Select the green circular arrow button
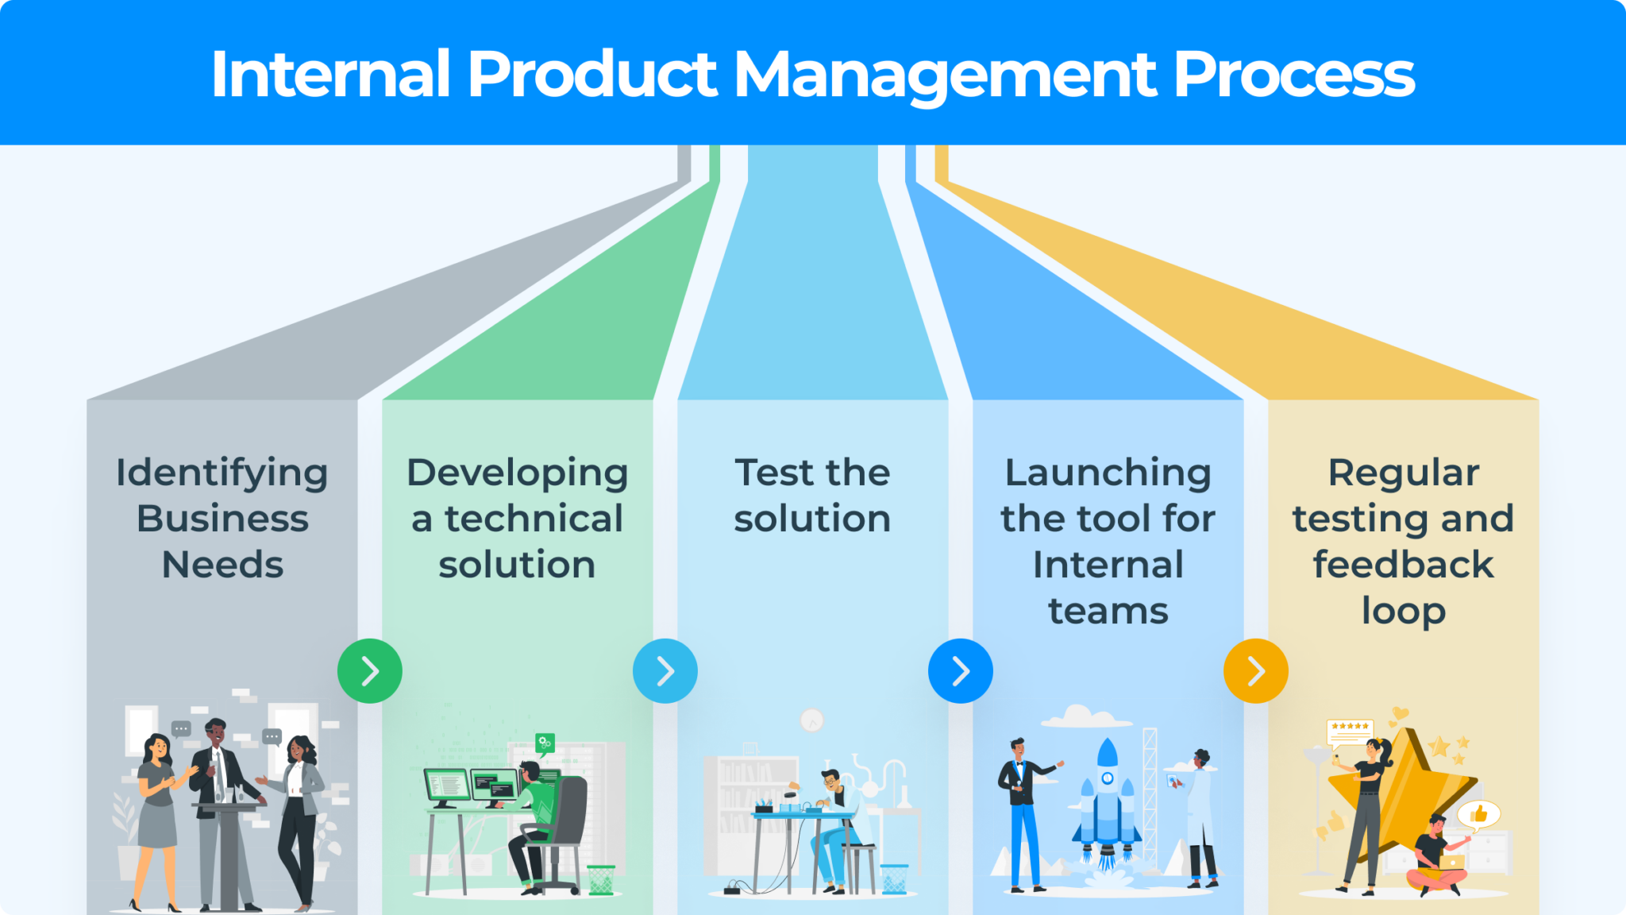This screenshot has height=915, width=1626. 370,671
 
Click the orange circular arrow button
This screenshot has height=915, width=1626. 1256,671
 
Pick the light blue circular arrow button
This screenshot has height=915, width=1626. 665,671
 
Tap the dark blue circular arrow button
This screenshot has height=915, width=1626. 961,671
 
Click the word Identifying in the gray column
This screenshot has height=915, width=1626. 222,473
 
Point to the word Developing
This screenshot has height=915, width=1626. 518,473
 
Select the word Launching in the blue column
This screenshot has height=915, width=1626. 1108,473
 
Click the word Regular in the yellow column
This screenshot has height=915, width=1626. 1404,473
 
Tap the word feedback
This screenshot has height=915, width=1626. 1404,565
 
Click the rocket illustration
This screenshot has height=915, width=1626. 1107,802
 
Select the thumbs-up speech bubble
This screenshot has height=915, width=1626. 1478,814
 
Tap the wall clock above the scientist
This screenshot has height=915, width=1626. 812,720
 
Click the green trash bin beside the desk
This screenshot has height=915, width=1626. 601,879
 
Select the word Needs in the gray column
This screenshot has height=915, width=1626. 222,566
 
